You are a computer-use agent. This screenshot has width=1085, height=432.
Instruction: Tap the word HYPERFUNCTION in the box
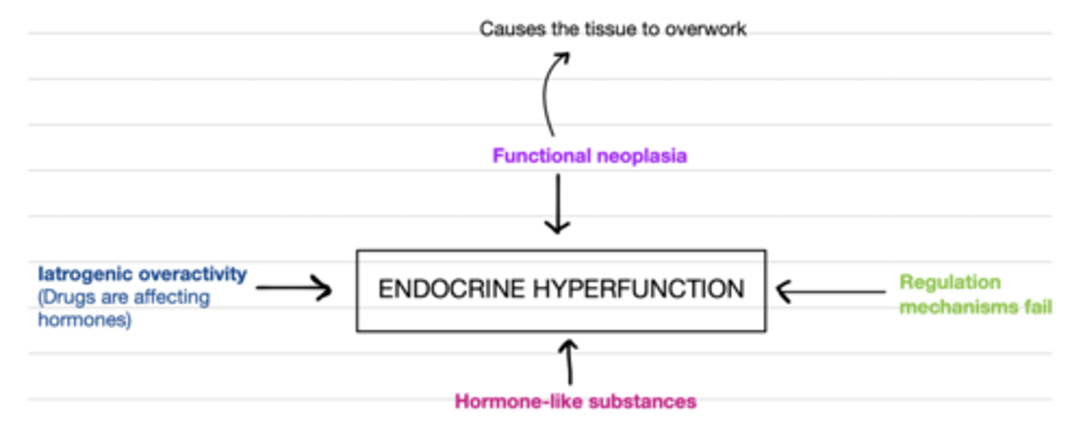point(627,290)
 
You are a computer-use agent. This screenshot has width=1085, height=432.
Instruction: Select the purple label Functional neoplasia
point(589,156)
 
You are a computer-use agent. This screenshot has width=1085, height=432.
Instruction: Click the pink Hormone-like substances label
point(575,401)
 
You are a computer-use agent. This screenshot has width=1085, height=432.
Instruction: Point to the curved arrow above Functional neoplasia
point(550,94)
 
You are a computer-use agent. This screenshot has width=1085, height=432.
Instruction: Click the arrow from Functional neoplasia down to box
point(558,204)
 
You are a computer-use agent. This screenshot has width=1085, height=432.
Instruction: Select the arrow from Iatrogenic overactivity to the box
point(294,288)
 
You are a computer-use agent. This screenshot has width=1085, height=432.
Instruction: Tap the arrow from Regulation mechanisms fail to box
point(829,291)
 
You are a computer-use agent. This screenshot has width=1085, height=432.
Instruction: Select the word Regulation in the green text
point(950,282)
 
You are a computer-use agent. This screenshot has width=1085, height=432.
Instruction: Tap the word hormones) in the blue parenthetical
point(84,320)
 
